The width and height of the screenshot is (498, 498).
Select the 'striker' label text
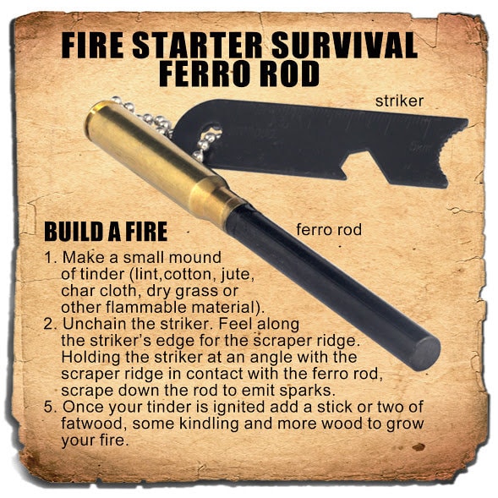(x=400, y=101)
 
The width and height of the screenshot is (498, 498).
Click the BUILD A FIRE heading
(x=105, y=232)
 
